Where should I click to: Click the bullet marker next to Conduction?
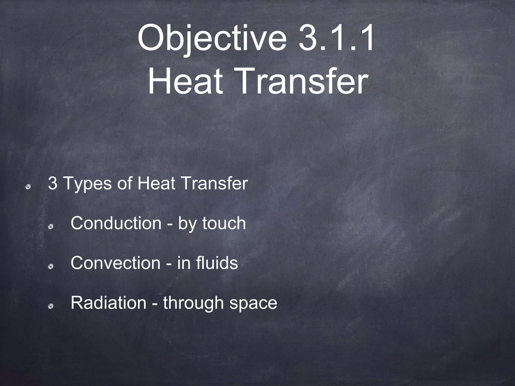tap(51, 227)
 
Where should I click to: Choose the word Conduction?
tap(116, 223)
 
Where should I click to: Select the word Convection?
tap(115, 263)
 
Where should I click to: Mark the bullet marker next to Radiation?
tap(51, 306)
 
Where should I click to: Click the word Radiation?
tap(108, 303)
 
